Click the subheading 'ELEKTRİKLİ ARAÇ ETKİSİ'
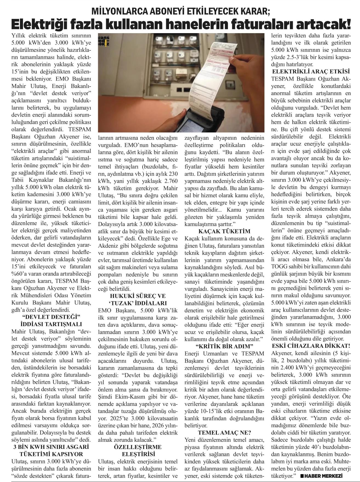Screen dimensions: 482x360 click(310, 72)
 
